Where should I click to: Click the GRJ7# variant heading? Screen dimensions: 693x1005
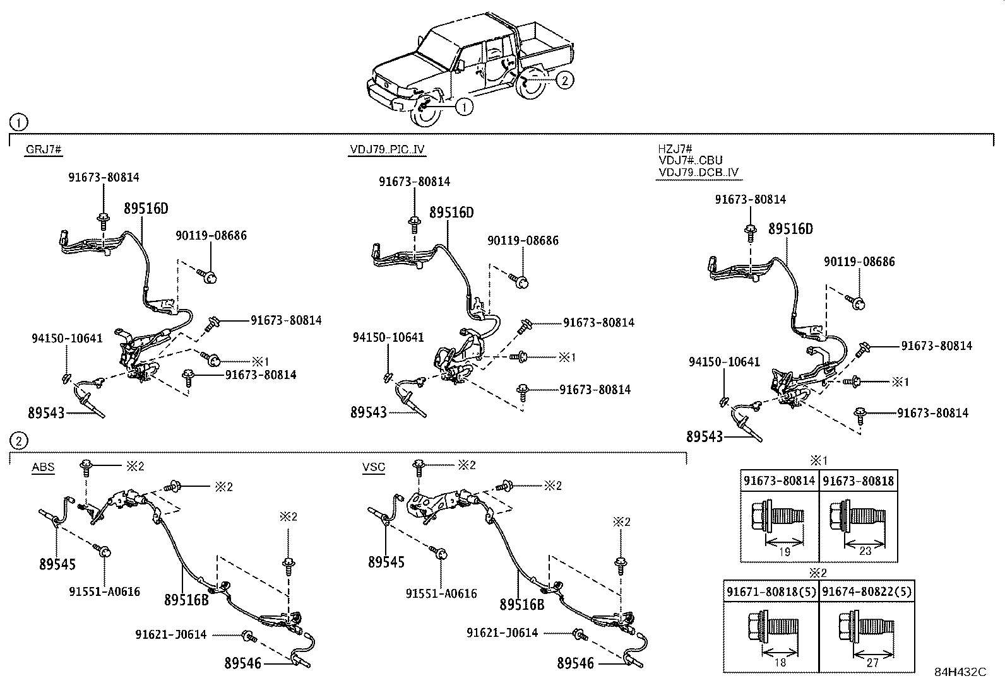[x=43, y=149]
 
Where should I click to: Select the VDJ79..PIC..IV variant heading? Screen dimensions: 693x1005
[x=387, y=149]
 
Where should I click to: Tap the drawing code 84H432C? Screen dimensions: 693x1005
[x=960, y=672]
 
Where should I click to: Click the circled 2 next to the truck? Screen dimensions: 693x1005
[x=565, y=79]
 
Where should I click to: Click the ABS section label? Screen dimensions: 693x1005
[x=43, y=467]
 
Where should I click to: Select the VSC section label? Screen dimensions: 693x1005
[x=374, y=467]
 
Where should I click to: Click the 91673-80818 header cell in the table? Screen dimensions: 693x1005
[x=859, y=480]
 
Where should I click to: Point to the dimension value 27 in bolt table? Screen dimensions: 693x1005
[x=872, y=663]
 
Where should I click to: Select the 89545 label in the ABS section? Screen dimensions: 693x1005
[x=57, y=564]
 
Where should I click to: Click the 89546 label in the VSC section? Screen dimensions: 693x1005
[x=575, y=663]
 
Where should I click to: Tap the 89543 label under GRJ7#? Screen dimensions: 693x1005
[x=46, y=413]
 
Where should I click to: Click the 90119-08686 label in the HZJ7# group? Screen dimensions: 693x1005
[x=859, y=262]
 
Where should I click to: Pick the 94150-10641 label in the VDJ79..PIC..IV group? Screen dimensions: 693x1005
[x=388, y=337]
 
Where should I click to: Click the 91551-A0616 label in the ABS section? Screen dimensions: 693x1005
[x=105, y=591]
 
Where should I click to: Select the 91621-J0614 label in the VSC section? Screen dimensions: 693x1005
[x=502, y=632]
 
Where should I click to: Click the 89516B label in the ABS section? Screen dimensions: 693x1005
[x=186, y=600]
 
